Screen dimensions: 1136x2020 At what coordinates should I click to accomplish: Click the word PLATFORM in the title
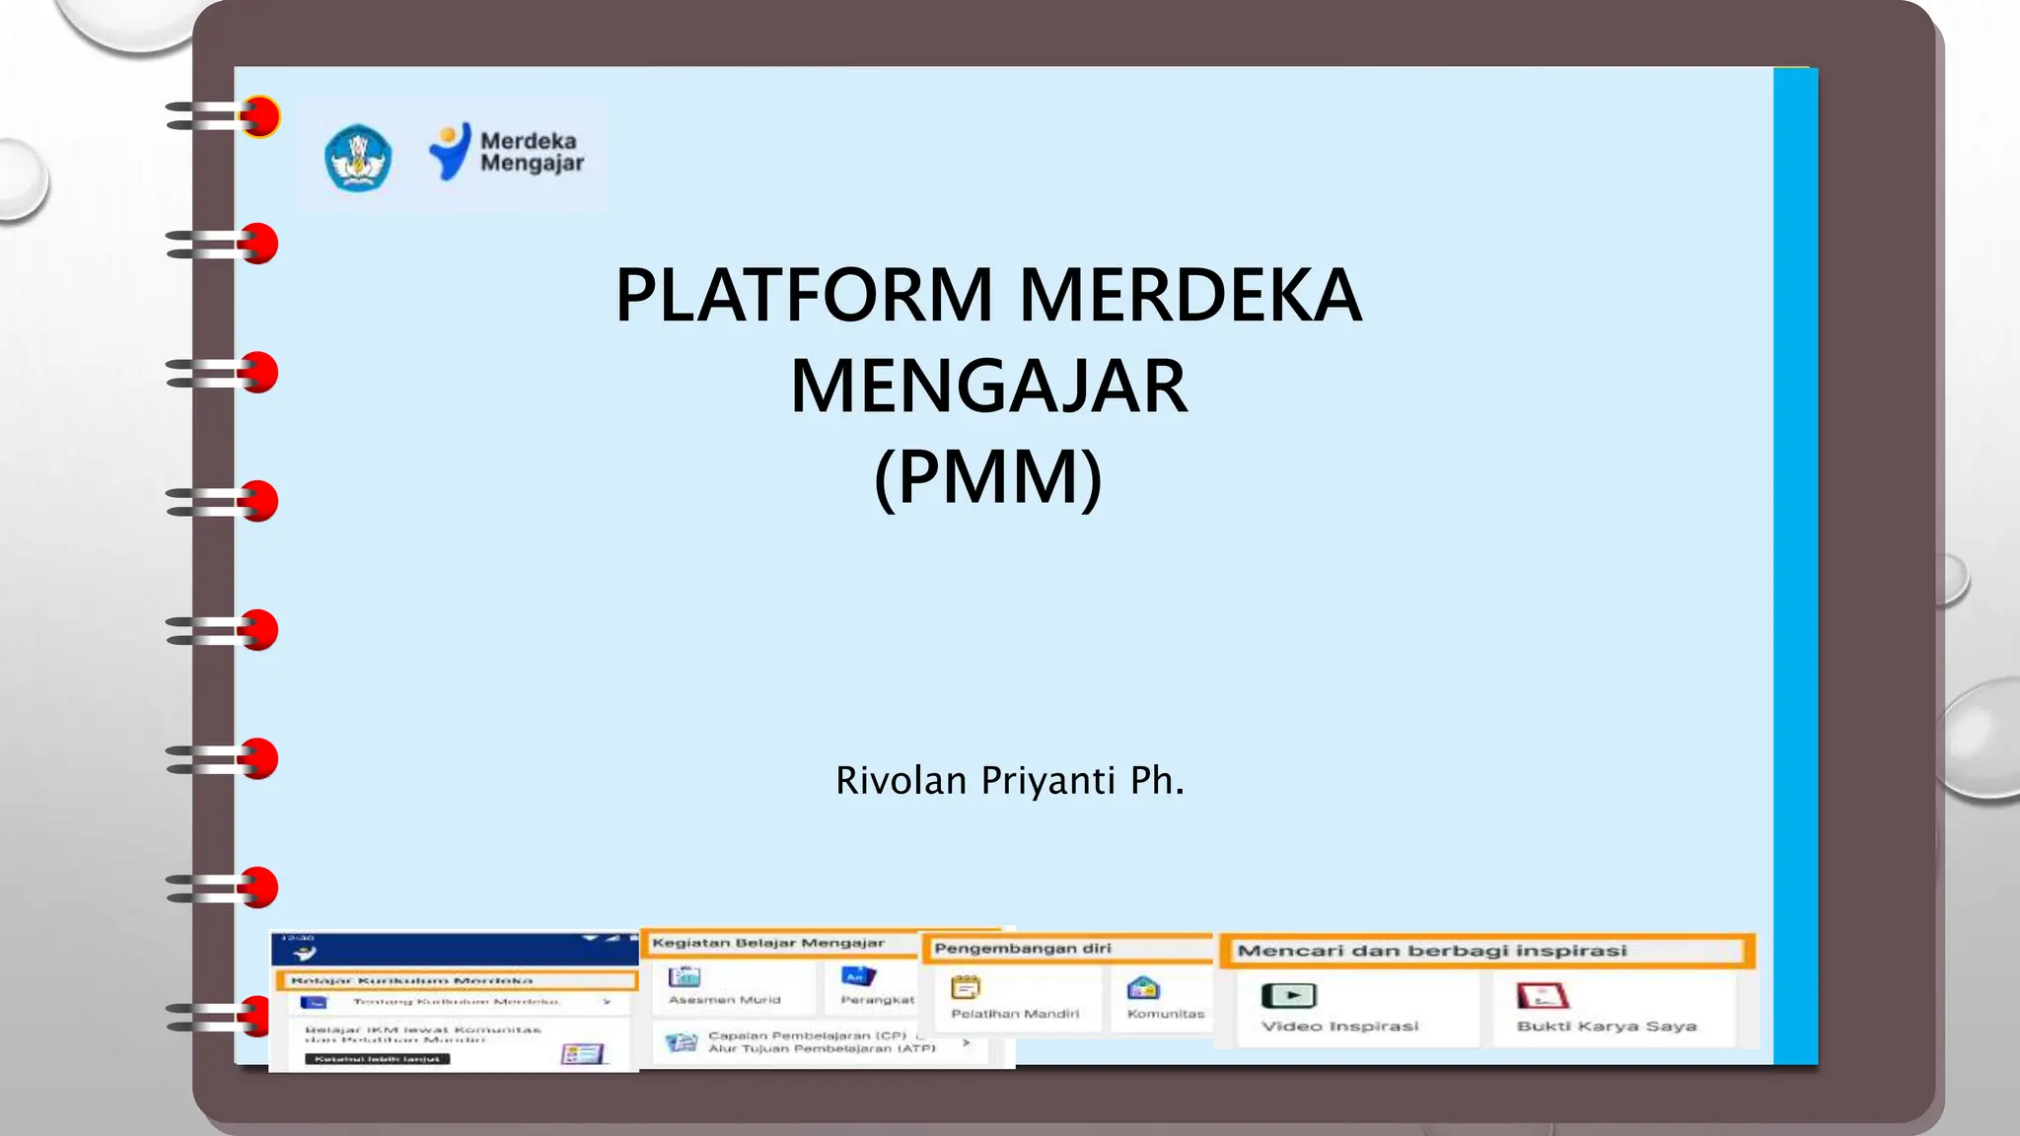[x=804, y=296]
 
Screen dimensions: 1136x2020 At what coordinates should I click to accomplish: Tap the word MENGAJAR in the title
[x=989, y=387]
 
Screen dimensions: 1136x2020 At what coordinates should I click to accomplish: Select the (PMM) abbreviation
[x=988, y=477]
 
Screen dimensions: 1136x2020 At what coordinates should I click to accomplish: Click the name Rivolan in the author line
[x=901, y=781]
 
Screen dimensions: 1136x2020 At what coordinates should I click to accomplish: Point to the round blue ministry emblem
[x=358, y=158]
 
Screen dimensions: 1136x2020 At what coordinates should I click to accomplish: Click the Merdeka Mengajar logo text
[x=532, y=152]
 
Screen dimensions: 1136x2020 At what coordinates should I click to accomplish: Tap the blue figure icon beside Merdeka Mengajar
[x=450, y=152]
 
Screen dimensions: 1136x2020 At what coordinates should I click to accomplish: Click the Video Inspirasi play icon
[x=1288, y=996]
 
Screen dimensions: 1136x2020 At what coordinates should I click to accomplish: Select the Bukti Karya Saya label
[x=1606, y=1027]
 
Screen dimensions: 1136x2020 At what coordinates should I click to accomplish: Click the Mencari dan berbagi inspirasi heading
[x=1431, y=952]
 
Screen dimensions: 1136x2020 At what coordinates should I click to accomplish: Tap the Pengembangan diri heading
[x=1022, y=949]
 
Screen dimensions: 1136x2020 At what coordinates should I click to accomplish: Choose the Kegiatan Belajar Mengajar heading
[x=767, y=944]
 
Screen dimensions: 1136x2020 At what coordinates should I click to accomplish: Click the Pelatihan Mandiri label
[x=1014, y=1014]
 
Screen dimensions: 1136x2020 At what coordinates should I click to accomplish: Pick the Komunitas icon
[x=1143, y=988]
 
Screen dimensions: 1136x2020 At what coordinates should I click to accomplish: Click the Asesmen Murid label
[x=724, y=1000]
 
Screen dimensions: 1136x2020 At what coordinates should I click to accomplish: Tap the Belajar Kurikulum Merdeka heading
[x=411, y=981]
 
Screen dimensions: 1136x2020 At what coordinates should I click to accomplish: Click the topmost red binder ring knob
[x=260, y=117]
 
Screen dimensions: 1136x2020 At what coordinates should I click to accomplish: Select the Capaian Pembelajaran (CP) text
[x=807, y=1036]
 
